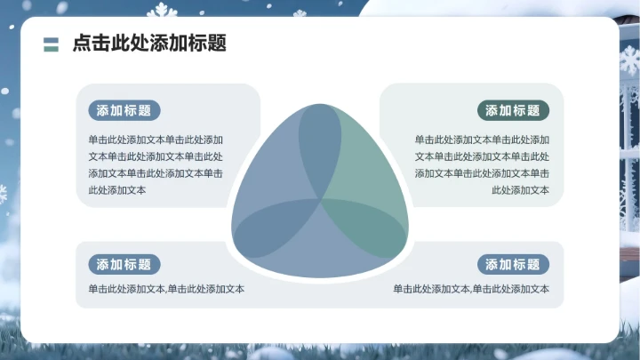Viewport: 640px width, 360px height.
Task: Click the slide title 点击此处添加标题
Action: (148, 43)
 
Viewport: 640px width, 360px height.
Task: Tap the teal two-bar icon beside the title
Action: (51, 44)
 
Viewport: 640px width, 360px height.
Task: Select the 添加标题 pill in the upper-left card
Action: (124, 110)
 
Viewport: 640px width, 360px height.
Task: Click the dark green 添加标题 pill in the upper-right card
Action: (514, 110)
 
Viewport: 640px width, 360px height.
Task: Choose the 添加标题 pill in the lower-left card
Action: (124, 264)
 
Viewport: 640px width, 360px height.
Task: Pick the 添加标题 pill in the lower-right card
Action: (514, 264)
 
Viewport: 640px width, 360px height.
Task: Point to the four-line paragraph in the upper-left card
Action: (156, 164)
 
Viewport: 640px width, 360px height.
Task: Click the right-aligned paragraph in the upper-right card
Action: (482, 164)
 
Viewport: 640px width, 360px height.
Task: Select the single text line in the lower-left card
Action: (166, 289)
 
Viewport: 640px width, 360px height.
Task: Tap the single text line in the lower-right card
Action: (472, 289)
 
